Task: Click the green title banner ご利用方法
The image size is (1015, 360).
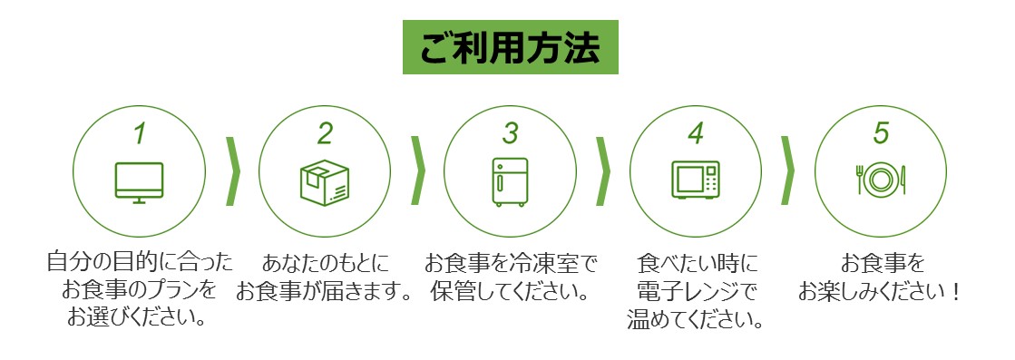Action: pyautogui.click(x=510, y=46)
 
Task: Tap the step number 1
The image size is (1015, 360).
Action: pyautogui.click(x=139, y=133)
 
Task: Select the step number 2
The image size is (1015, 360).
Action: pyautogui.click(x=325, y=133)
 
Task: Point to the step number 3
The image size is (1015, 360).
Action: pyautogui.click(x=510, y=133)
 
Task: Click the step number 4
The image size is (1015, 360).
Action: pyautogui.click(x=695, y=133)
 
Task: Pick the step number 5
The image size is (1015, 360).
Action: pyautogui.click(x=881, y=133)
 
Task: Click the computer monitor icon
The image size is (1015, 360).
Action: pyautogui.click(x=139, y=182)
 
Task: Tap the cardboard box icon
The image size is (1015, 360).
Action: pyautogui.click(x=325, y=182)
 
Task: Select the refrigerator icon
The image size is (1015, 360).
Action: pyautogui.click(x=510, y=182)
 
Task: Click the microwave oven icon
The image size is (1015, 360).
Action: pyautogui.click(x=695, y=180)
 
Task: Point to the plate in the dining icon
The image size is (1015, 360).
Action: pyautogui.click(x=881, y=180)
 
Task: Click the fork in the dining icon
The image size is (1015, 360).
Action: pyautogui.click(x=860, y=180)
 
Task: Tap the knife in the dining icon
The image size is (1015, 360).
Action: pyautogui.click(x=903, y=180)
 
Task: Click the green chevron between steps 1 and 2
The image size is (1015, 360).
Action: pyautogui.click(x=233, y=171)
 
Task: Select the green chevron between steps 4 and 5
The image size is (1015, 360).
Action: pyautogui.click(x=788, y=171)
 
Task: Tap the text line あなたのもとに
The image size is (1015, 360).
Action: pyautogui.click(x=326, y=264)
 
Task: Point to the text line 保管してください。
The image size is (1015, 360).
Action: pyautogui.click(x=510, y=291)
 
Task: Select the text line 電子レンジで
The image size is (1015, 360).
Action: pyautogui.click(x=696, y=291)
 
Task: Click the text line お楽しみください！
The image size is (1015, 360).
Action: pyautogui.click(x=881, y=291)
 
